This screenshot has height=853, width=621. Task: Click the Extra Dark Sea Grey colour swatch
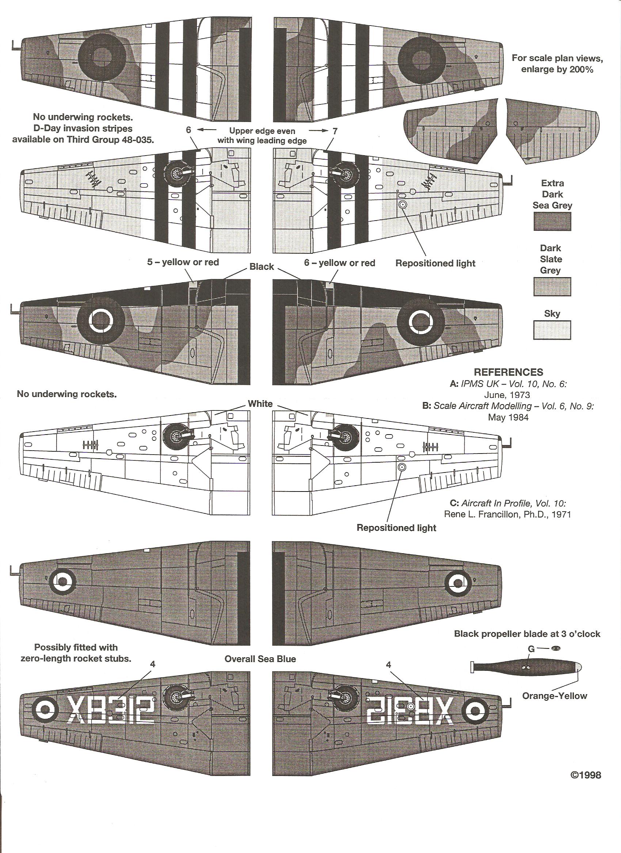click(x=552, y=221)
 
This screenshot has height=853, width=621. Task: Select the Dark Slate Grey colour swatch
click(x=552, y=287)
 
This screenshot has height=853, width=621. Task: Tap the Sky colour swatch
click(x=552, y=330)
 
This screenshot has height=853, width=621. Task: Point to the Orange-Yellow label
click(x=555, y=696)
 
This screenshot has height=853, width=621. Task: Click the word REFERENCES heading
click(x=508, y=372)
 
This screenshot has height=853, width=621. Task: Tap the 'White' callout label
click(x=260, y=404)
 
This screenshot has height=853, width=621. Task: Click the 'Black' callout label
click(x=262, y=267)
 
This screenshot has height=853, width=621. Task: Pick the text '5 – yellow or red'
click(x=183, y=262)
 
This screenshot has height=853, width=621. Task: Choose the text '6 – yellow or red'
click(x=339, y=263)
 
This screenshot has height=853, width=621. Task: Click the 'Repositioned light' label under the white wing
click(x=396, y=528)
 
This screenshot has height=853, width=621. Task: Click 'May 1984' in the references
click(x=508, y=417)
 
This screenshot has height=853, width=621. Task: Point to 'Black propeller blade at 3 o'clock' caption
click(x=527, y=634)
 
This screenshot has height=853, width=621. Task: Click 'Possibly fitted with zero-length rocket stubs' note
click(x=76, y=653)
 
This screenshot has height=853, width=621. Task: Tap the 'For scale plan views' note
click(x=557, y=64)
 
